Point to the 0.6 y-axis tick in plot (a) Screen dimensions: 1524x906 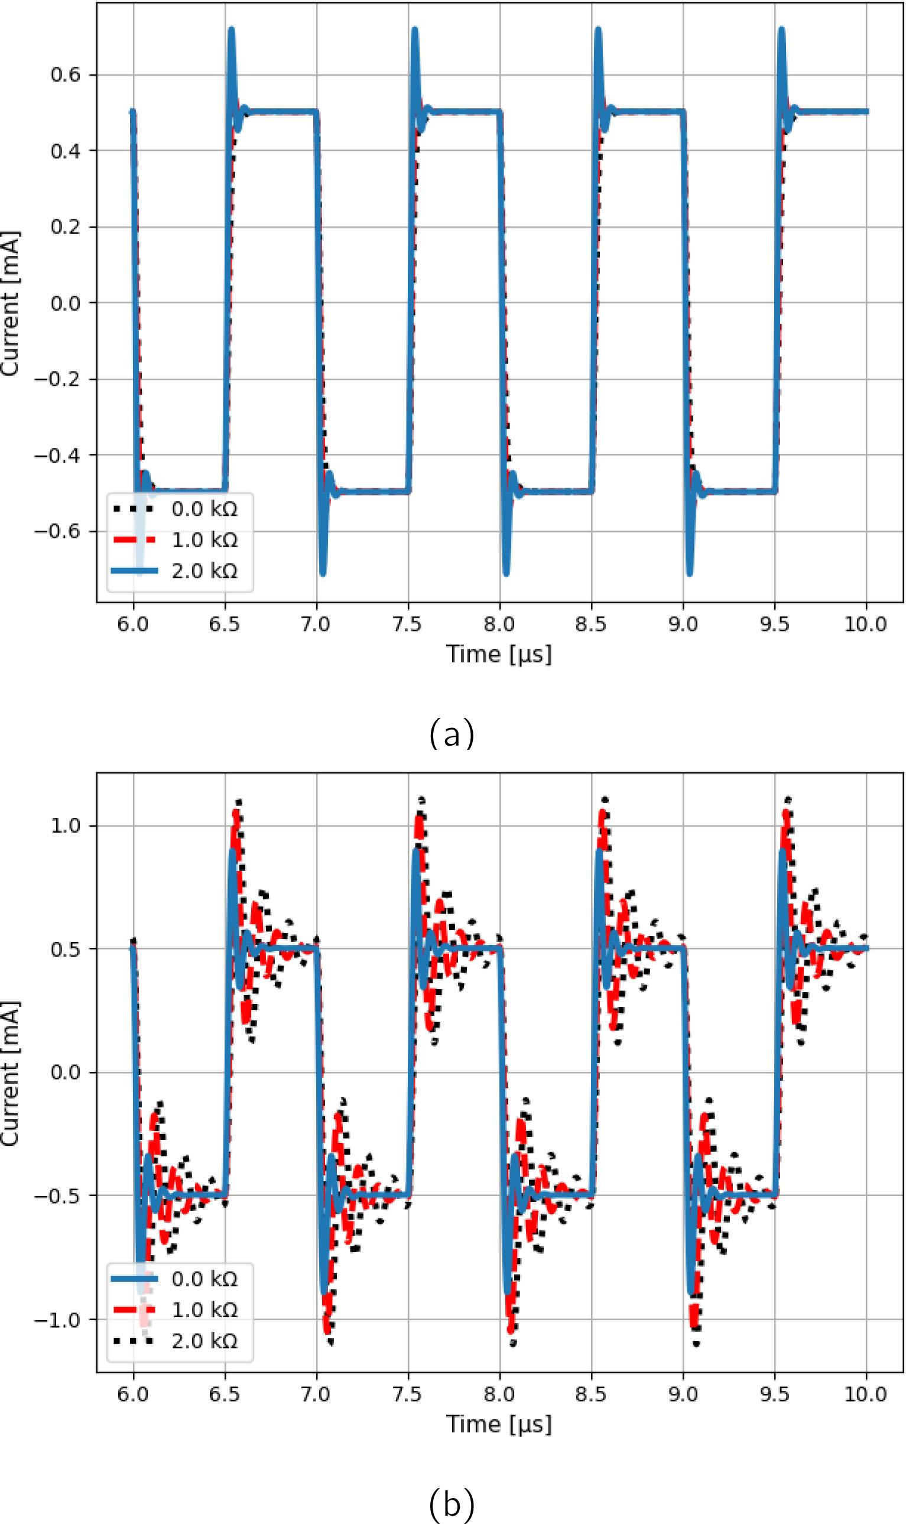click(x=65, y=75)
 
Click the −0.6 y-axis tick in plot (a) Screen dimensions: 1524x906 click(x=57, y=531)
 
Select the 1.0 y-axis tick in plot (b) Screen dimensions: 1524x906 click(x=65, y=826)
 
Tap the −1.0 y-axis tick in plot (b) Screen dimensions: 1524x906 click(x=57, y=1320)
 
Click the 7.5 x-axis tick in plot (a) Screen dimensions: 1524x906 click(x=408, y=625)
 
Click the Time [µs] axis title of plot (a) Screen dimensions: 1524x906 click(x=499, y=654)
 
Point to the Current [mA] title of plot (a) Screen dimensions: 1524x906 click(x=11, y=303)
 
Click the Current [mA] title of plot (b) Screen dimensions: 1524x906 click(x=11, y=1073)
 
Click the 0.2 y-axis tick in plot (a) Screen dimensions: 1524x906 click(x=65, y=227)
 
